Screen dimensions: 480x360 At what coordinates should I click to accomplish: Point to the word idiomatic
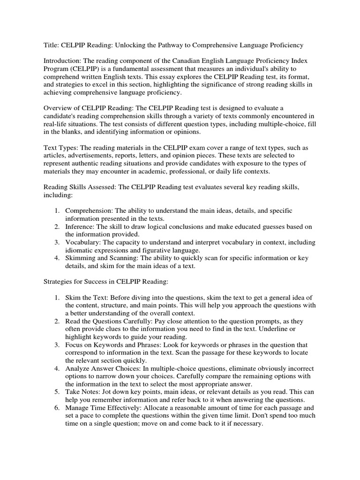click(x=81, y=251)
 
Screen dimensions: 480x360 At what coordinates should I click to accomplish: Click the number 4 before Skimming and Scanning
click(x=55, y=258)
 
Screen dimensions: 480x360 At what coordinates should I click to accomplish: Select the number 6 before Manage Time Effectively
click(x=55, y=407)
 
